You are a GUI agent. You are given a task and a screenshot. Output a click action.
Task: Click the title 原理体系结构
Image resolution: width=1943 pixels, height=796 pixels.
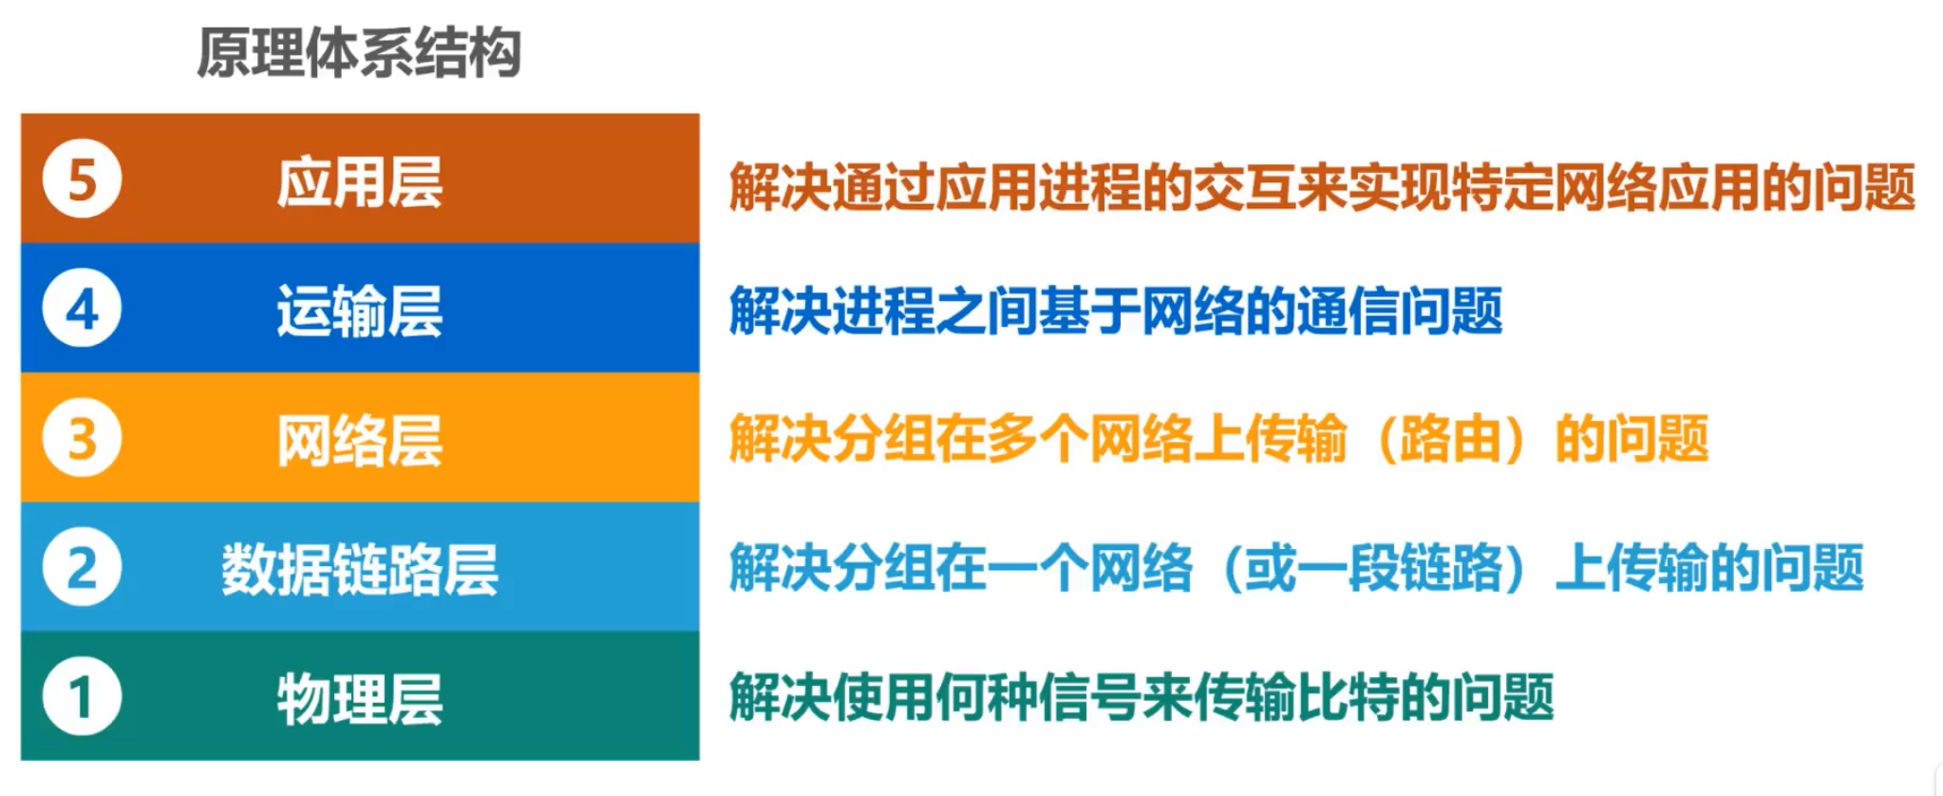(359, 53)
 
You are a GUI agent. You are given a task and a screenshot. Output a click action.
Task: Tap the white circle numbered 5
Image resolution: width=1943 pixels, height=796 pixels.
(83, 180)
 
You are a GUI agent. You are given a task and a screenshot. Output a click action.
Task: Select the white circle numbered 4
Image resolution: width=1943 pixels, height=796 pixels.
(83, 309)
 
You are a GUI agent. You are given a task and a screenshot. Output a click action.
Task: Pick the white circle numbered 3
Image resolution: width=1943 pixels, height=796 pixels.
(83, 438)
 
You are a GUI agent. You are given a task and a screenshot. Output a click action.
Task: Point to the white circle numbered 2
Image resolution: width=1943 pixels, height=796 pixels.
(83, 567)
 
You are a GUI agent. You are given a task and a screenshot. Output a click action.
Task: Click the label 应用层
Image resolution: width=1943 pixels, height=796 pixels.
(360, 181)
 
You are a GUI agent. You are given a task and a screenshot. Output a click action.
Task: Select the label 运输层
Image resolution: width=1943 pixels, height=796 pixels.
(360, 311)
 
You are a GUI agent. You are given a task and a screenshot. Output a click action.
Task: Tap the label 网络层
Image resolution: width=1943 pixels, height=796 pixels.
(360, 440)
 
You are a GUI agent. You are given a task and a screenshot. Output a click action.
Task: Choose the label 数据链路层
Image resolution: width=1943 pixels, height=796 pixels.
(360, 569)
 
